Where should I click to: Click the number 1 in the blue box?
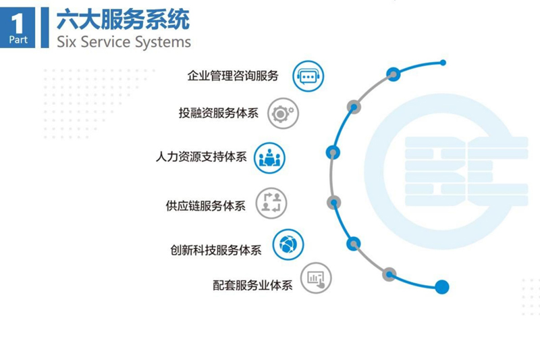17,24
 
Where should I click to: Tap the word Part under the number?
18,40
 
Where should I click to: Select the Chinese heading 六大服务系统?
124,20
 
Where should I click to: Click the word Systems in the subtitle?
163,43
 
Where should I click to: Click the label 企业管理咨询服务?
233,76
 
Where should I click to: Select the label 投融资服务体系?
218,113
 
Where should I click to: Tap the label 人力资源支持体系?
201,157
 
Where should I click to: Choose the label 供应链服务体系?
206,205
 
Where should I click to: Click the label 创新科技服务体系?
216,250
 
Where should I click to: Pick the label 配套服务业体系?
252,285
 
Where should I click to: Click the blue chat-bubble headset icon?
308,76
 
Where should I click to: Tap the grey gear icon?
283,113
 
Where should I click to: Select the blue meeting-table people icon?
269,158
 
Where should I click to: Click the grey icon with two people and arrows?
271,203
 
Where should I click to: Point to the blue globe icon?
288,245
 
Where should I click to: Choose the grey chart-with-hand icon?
316,278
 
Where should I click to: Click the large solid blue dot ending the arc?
442,287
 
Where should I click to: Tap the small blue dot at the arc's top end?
443,63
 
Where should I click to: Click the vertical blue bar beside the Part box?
45,28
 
